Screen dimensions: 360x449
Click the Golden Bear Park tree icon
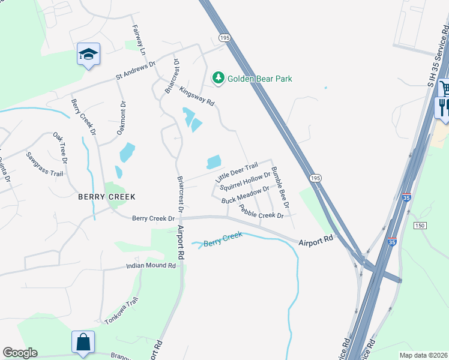coord(218,78)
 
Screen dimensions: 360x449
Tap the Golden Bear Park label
coord(259,79)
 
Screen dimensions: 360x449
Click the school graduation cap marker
coord(88,55)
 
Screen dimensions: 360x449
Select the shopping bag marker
coord(83,342)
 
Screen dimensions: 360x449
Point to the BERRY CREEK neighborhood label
coord(107,197)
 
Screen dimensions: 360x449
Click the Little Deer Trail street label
coord(237,173)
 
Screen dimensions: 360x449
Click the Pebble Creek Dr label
coord(261,211)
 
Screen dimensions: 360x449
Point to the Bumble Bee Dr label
coord(280,188)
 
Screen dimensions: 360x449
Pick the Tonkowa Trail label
coord(122,311)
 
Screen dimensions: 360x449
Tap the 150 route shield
coord(419,224)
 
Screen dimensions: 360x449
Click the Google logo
coord(20,353)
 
